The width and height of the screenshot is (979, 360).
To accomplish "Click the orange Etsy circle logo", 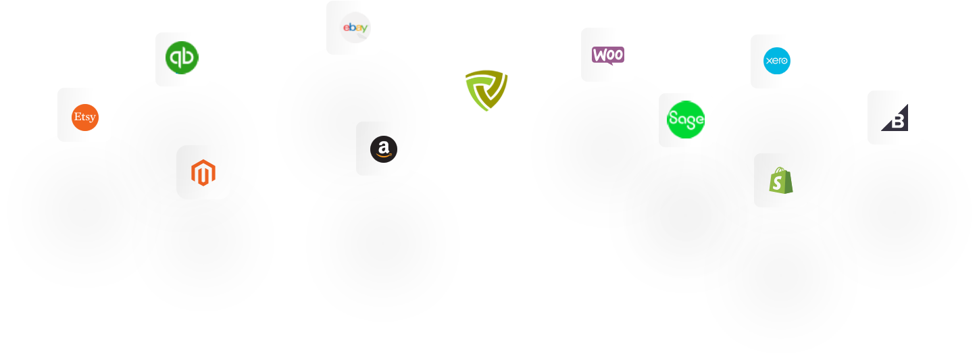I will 84,118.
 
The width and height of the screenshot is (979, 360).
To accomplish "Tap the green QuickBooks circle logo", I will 182,59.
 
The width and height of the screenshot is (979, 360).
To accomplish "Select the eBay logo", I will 355,28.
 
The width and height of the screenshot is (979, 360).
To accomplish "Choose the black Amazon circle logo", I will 383,149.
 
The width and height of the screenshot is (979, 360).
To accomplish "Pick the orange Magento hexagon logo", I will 203,172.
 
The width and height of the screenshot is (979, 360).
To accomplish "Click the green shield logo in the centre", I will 486,90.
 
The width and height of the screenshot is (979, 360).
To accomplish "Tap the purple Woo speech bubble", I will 608,55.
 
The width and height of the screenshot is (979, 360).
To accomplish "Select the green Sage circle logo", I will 686,120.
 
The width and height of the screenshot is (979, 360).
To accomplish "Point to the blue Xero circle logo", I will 777,61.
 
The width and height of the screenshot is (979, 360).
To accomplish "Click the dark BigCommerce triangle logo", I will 895,118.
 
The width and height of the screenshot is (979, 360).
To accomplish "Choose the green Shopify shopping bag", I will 780,180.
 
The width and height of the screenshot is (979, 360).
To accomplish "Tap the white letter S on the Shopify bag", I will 780,182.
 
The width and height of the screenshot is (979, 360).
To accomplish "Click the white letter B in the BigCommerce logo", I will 898,122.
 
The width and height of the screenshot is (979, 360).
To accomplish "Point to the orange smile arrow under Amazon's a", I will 383,156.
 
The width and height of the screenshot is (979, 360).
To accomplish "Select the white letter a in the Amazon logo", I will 383,146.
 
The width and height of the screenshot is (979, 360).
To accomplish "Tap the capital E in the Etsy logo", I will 77,117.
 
